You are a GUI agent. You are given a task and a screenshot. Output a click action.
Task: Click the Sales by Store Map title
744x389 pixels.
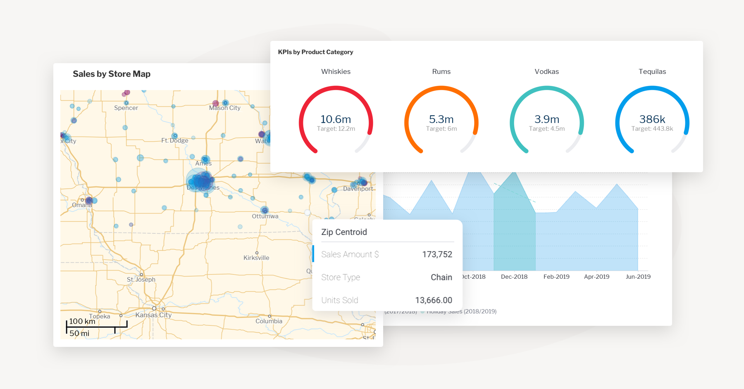(x=112, y=74)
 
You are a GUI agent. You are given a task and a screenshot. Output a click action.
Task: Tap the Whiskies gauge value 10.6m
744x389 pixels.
(x=336, y=119)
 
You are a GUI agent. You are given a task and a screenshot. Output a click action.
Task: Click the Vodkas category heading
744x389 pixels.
(x=546, y=71)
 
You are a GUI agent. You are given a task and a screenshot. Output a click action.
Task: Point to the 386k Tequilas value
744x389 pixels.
(x=652, y=119)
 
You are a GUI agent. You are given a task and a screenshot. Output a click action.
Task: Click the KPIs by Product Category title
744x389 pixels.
(x=315, y=52)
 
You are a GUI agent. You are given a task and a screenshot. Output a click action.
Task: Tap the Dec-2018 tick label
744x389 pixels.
(x=514, y=277)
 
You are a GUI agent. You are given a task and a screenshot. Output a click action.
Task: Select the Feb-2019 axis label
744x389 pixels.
(x=556, y=277)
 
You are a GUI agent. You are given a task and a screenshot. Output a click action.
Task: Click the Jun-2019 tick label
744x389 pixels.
(x=638, y=277)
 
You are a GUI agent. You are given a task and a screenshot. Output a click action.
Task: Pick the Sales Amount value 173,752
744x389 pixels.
(x=437, y=254)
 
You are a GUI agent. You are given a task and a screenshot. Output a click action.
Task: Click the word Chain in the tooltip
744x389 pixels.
(x=441, y=278)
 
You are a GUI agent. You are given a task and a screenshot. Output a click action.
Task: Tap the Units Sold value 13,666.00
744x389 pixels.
(x=434, y=300)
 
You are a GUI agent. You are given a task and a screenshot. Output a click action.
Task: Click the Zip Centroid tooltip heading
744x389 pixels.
(x=344, y=232)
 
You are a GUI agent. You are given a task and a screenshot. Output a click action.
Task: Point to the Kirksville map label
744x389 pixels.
(x=256, y=258)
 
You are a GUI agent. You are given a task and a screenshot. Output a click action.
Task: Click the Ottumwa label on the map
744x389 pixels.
(x=265, y=216)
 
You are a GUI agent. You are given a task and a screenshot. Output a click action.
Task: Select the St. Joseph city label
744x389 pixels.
(x=141, y=280)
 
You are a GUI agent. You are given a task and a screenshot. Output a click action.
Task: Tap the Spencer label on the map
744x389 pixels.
(x=126, y=108)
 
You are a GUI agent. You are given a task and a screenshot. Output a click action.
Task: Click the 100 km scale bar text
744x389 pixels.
(x=82, y=321)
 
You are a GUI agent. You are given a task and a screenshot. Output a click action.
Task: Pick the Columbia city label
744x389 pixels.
(x=269, y=321)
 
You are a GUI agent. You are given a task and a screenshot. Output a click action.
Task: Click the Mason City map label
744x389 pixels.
(x=224, y=108)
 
